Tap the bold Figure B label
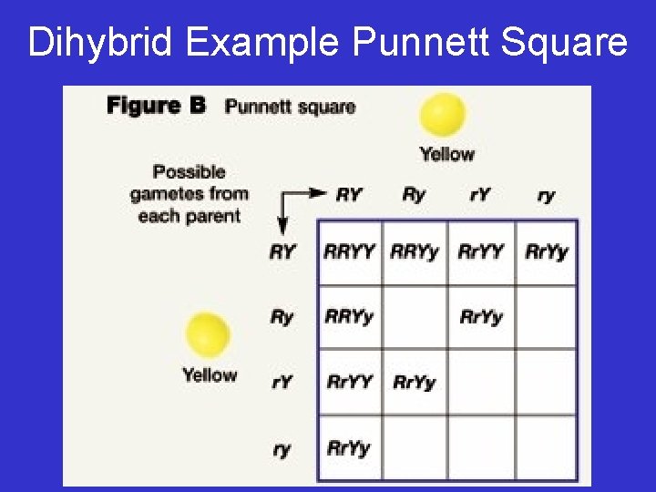click(156, 105)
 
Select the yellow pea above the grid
click(442, 116)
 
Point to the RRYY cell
click(349, 251)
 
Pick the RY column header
click(349, 194)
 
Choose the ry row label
click(282, 448)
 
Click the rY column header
click(480, 194)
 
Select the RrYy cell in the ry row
click(349, 448)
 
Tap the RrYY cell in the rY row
click(349, 382)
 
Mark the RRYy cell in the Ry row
click(349, 317)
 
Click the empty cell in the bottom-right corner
click(547, 448)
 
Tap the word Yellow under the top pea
click(446, 154)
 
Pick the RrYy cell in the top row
click(547, 251)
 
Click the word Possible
click(189, 171)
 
